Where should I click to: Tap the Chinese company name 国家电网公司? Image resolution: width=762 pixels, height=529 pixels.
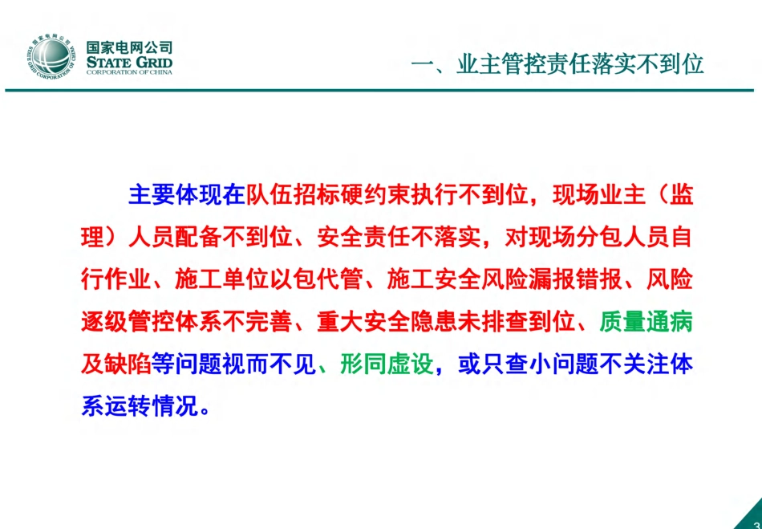128,47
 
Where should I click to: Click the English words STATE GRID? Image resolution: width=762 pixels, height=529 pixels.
128,62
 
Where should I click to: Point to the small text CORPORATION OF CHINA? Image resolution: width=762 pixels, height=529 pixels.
128,72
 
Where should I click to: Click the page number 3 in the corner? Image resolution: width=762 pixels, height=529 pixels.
756,523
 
